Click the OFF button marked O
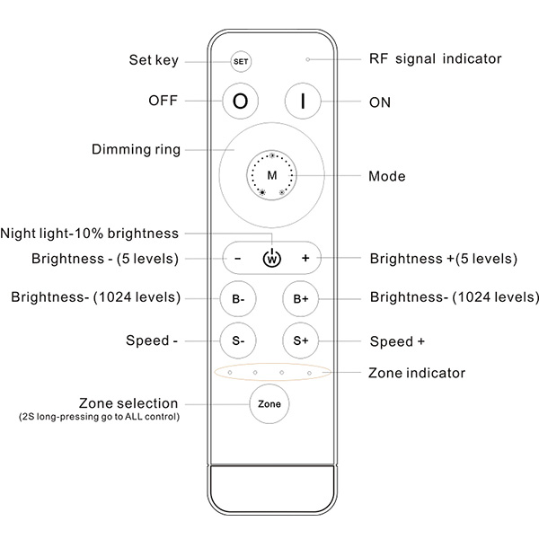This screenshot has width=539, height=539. point(240,101)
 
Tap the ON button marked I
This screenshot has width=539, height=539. point(303,101)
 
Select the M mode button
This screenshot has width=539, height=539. point(272,175)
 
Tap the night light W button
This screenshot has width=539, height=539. point(272,258)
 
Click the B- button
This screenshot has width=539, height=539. point(238,299)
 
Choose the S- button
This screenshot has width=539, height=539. point(238,340)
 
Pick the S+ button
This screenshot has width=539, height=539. point(301,340)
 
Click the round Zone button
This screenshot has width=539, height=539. point(269,404)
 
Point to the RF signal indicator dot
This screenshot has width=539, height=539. point(308,59)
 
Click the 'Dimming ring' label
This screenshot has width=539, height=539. point(137,150)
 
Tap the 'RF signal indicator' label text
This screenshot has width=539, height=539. point(435,58)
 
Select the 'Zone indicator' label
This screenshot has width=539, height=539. point(417,373)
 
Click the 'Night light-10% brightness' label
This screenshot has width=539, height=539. point(89,234)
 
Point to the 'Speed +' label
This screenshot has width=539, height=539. point(397,341)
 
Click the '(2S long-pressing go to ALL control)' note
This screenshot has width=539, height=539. point(99,417)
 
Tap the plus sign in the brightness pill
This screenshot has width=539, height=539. point(305,258)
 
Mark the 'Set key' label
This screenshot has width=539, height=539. point(154,60)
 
